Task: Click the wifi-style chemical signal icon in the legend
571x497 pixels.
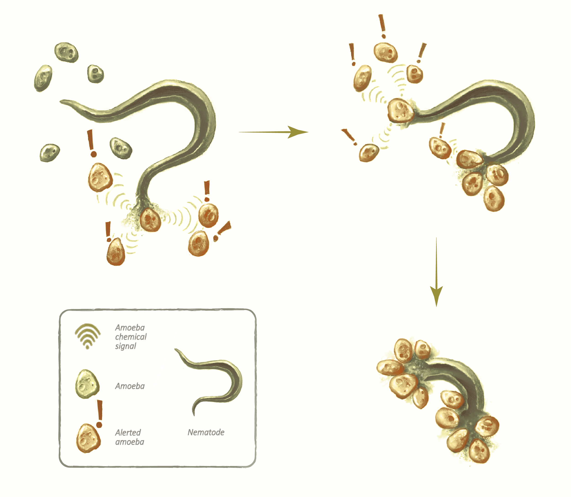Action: (87, 335)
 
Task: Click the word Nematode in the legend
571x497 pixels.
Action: (206, 432)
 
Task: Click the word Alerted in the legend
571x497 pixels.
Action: (128, 433)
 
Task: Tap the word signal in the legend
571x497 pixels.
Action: (125, 346)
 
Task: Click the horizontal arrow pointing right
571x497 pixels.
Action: (273, 132)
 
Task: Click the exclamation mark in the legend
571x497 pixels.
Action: (99, 413)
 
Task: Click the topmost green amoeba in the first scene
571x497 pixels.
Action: (66, 52)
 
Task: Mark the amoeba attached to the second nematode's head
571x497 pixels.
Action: (400, 111)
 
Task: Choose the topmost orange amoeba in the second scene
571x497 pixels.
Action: (385, 52)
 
